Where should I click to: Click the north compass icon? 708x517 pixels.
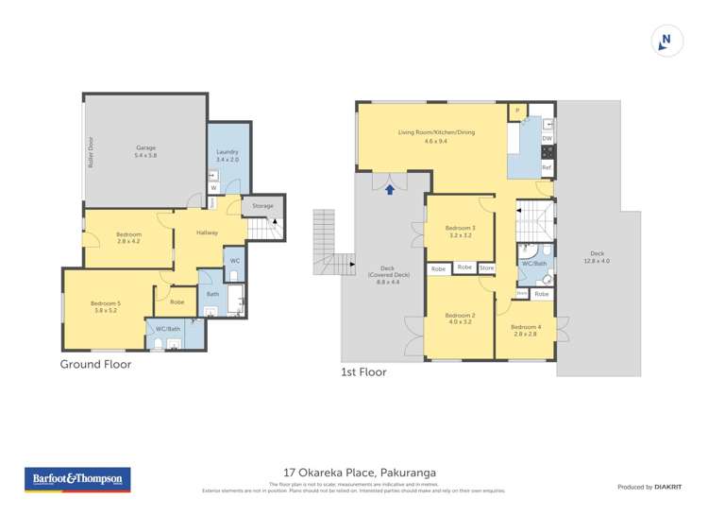point(666,41)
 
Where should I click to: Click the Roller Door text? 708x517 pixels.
point(92,151)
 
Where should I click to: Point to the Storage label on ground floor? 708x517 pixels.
point(262,205)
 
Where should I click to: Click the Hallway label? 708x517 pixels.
point(208,233)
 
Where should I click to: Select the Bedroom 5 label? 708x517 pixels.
point(106,307)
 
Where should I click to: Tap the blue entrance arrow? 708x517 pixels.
point(389,190)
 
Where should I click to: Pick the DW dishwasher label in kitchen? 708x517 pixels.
point(547,139)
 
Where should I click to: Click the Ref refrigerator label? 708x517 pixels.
point(546,167)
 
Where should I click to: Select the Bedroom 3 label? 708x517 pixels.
point(461,232)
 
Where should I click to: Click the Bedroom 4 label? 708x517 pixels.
point(526,330)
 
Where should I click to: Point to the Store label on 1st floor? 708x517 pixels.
point(486,268)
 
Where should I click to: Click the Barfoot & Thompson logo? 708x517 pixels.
point(77,479)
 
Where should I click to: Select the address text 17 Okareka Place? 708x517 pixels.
point(360,473)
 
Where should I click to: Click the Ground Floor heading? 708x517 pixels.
point(95,364)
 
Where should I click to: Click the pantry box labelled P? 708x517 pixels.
point(518,112)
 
